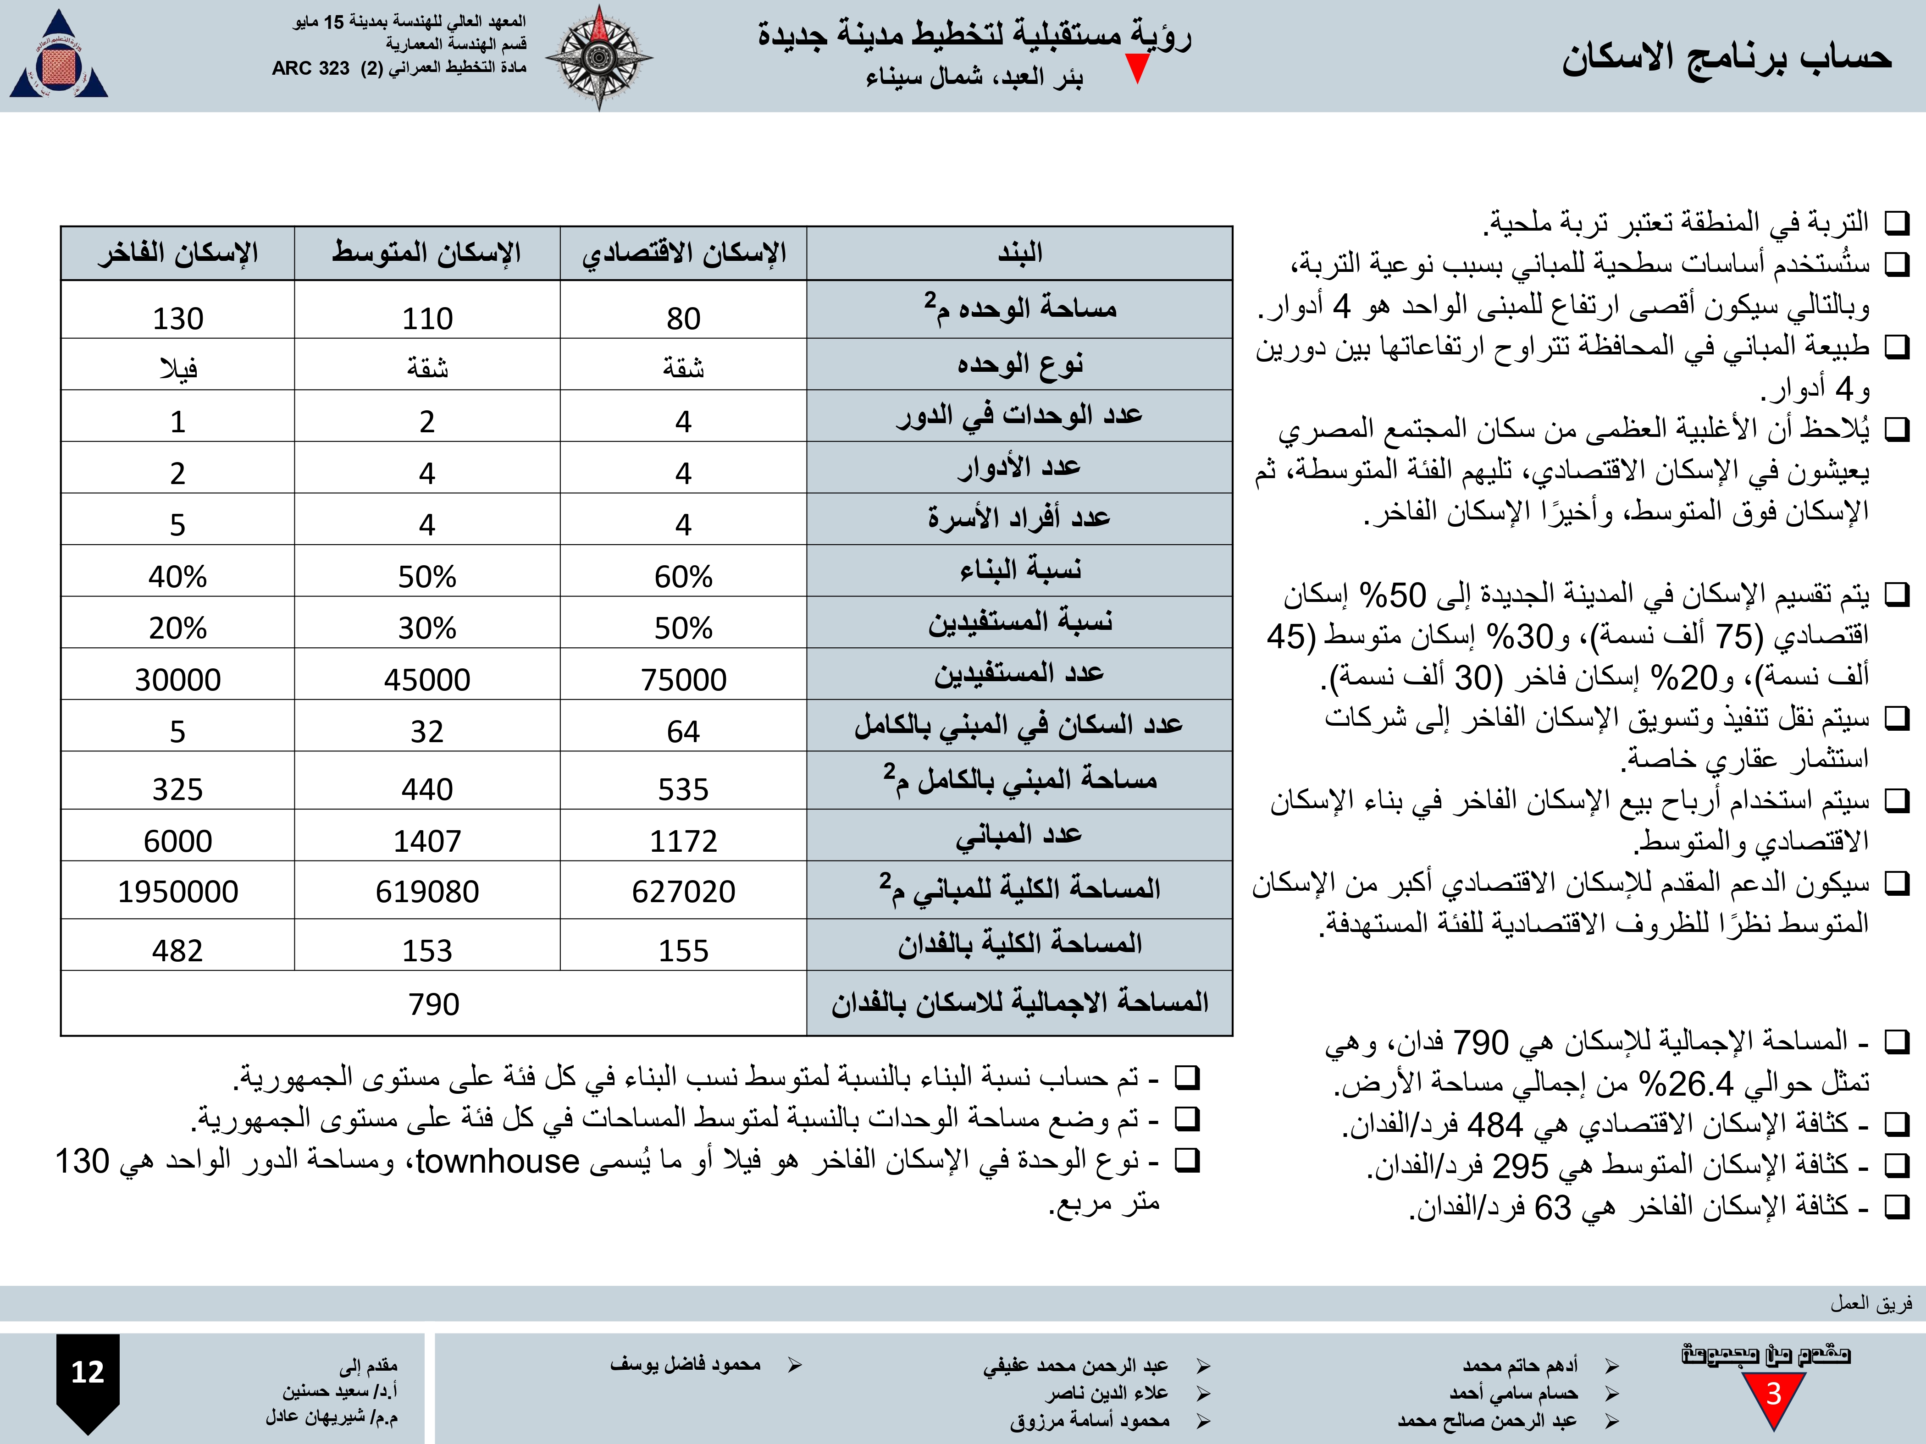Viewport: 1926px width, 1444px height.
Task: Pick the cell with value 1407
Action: [x=426, y=841]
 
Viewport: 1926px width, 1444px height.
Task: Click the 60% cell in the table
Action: [x=684, y=576]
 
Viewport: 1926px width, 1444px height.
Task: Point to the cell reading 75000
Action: [x=684, y=679]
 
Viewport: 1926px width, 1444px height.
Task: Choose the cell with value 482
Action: [x=177, y=950]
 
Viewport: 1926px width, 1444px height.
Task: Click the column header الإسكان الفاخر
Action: [x=177, y=254]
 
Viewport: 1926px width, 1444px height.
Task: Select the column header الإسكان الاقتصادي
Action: [x=684, y=254]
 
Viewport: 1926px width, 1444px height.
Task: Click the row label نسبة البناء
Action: [x=1019, y=570]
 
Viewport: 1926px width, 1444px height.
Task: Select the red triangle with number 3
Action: [x=1774, y=1397]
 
